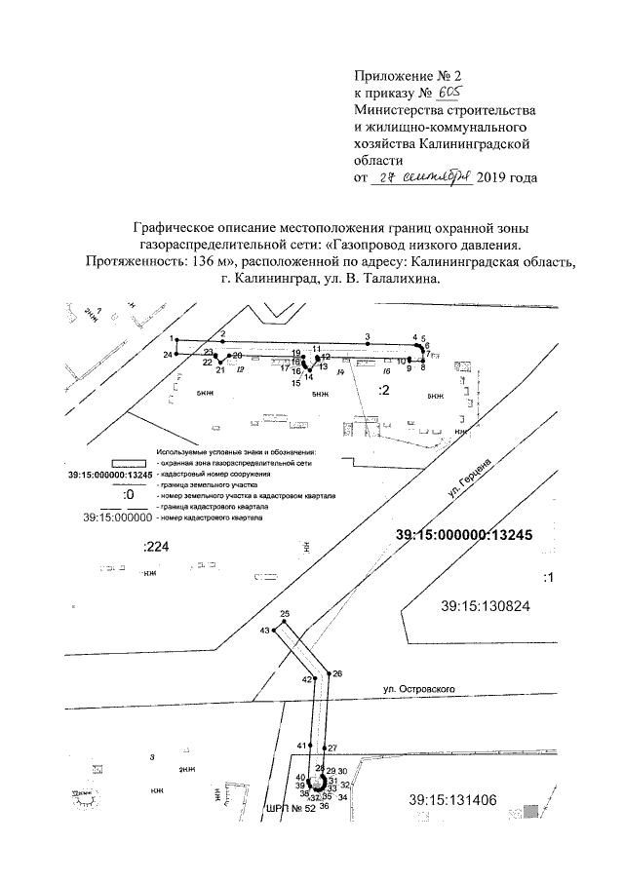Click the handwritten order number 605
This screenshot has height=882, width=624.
point(448,92)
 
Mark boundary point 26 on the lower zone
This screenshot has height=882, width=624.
point(329,673)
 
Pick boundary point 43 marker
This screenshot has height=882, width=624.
point(272,631)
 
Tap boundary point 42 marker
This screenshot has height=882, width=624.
point(314,678)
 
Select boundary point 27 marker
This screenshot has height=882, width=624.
point(325,748)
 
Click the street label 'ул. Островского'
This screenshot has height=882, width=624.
point(419,689)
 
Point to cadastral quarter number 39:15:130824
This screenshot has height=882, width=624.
point(485,605)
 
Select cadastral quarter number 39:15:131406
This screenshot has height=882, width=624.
point(454,800)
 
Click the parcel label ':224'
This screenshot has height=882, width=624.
point(156,548)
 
